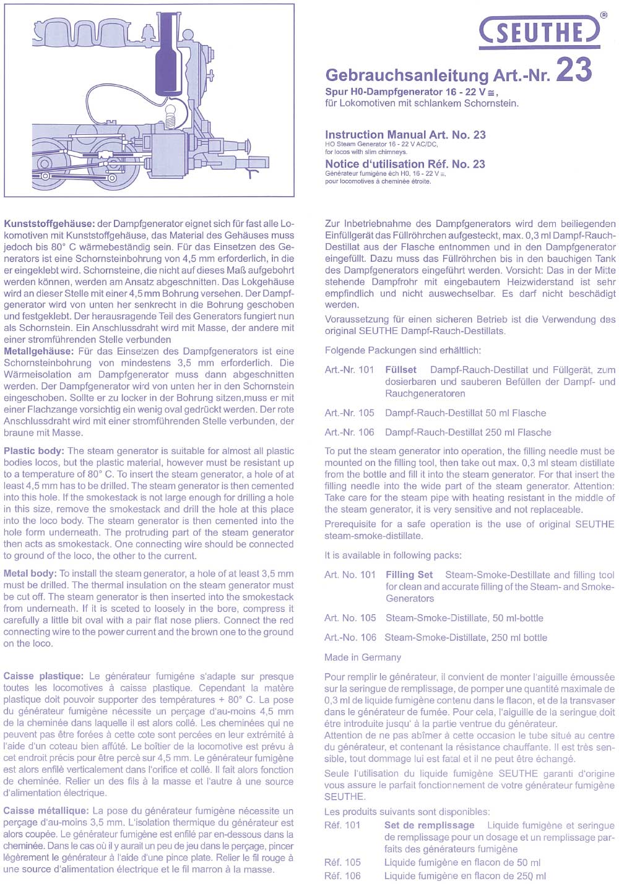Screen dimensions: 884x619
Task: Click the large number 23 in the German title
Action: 574,69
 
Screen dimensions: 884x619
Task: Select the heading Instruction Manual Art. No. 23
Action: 405,134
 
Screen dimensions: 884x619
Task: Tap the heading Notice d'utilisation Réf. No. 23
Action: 405,164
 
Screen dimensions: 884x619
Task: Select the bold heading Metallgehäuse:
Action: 40,351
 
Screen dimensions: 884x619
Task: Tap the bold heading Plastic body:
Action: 34,451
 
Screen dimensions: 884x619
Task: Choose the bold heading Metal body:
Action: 30,573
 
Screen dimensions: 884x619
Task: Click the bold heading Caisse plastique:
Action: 43,676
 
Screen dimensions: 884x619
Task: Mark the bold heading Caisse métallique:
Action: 46,810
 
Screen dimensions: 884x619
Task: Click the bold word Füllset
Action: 400,370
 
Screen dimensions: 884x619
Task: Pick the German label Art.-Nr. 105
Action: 349,413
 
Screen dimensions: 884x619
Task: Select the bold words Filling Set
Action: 409,575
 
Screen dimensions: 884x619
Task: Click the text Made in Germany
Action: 362,657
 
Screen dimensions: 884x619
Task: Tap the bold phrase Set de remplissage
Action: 429,825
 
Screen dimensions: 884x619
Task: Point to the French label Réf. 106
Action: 342,876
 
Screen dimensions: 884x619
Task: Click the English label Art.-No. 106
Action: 350,637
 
